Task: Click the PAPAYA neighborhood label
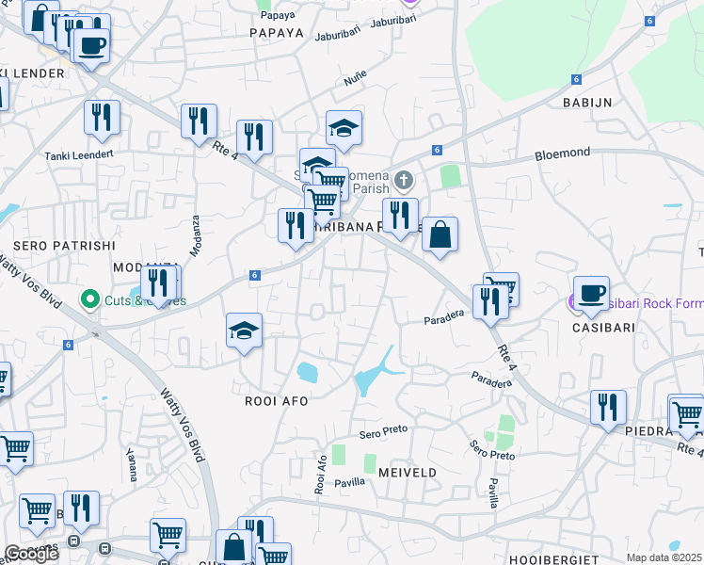click(x=277, y=32)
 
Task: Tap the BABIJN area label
click(x=588, y=102)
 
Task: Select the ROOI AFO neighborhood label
click(x=277, y=400)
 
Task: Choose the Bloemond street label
click(x=562, y=152)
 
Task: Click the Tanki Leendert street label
click(x=78, y=154)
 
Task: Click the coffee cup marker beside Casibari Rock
click(x=590, y=293)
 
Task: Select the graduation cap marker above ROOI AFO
click(x=244, y=331)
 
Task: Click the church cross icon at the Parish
click(x=403, y=180)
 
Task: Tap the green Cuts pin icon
click(x=90, y=299)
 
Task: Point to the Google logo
click(x=31, y=554)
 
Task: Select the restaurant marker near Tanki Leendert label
click(x=102, y=118)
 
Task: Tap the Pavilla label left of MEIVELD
click(x=348, y=481)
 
